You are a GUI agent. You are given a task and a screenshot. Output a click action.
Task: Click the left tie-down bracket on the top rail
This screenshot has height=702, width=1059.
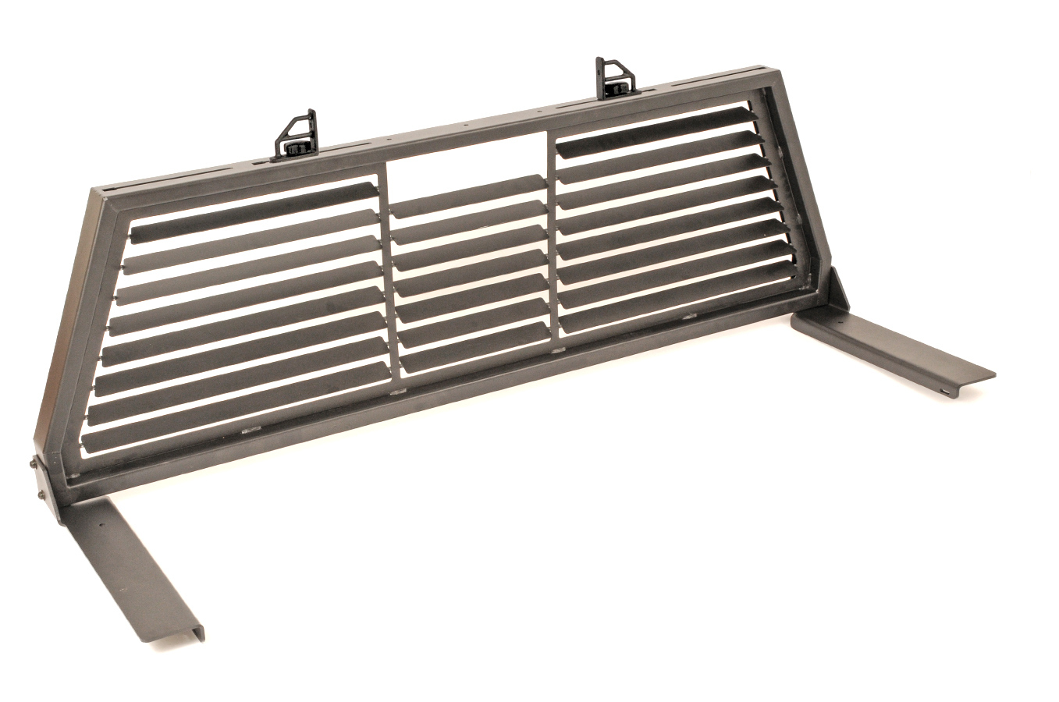pos(297,136)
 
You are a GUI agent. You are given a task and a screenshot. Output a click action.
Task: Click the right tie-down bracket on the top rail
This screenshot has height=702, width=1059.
pos(615,78)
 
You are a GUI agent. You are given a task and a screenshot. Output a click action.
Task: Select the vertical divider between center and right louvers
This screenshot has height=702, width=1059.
pos(553,234)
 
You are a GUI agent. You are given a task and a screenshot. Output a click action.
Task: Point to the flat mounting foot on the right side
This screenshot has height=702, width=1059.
pos(897,348)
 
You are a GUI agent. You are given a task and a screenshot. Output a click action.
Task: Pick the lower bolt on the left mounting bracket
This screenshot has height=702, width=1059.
pos(37,497)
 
